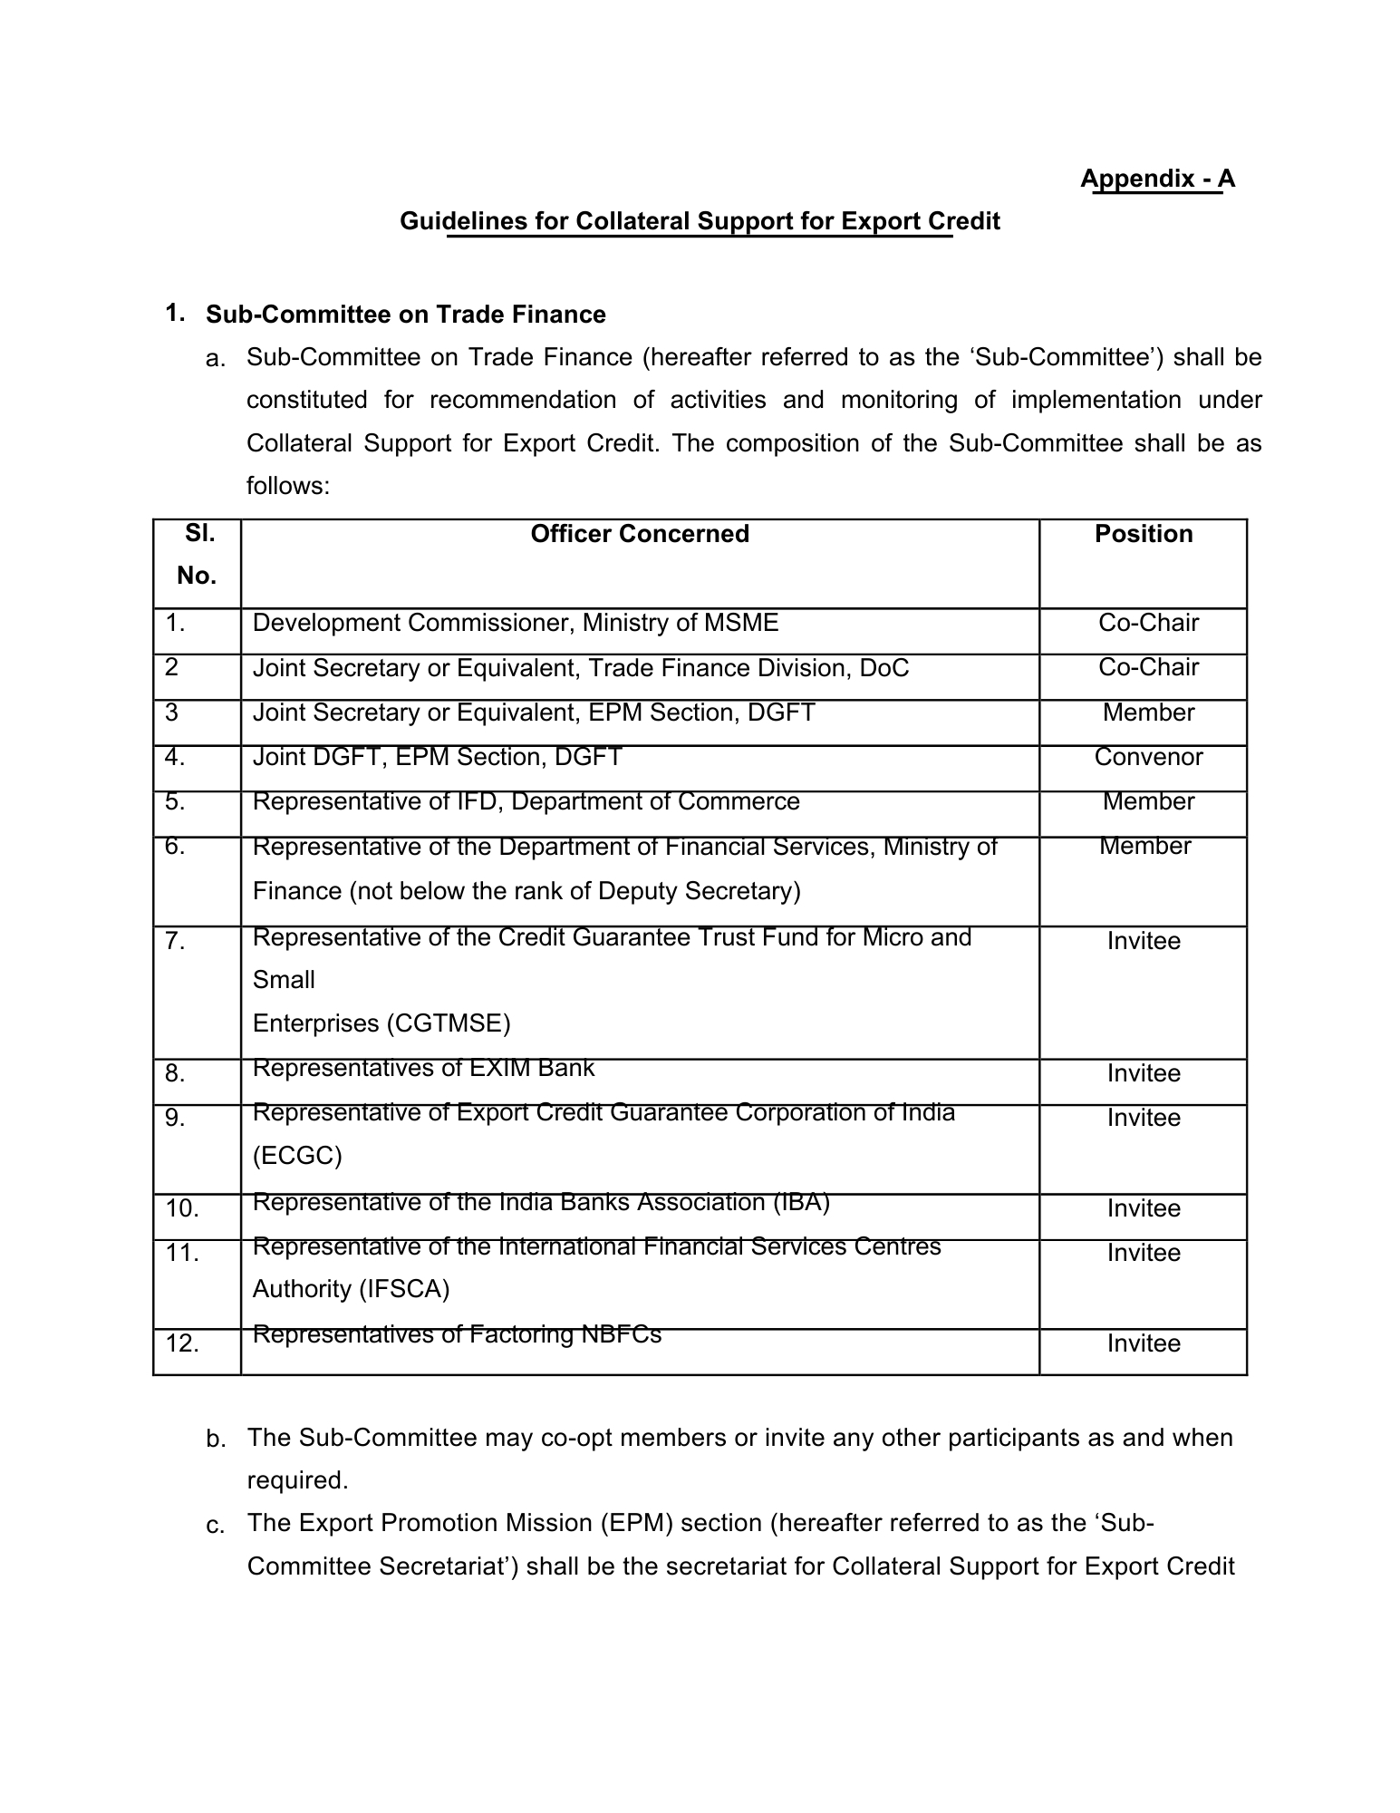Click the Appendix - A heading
pyautogui.click(x=1157, y=179)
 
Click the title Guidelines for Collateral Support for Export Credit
pyautogui.click(x=700, y=221)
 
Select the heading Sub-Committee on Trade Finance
pyautogui.click(x=405, y=315)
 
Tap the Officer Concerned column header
pyautogui.click(x=640, y=534)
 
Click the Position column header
pyautogui.click(x=1144, y=534)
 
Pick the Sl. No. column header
pyautogui.click(x=198, y=554)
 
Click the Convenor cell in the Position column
pyautogui.click(x=1148, y=757)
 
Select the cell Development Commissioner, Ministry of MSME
pyautogui.click(x=515, y=623)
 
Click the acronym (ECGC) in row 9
pyautogui.click(x=297, y=1156)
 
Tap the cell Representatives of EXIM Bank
pyautogui.click(x=423, y=1068)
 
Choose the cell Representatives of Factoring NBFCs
pyautogui.click(x=457, y=1334)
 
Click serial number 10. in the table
pyautogui.click(x=182, y=1208)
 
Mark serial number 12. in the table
pyautogui.click(x=182, y=1343)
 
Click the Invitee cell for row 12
pyautogui.click(x=1144, y=1343)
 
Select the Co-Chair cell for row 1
pyautogui.click(x=1148, y=623)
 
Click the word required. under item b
pyautogui.click(x=297, y=1480)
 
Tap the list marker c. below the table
pyautogui.click(x=216, y=1527)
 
